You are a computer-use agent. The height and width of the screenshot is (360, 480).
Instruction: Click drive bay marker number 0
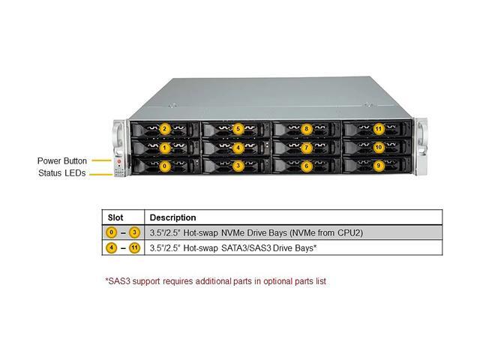pyautogui.click(x=165, y=165)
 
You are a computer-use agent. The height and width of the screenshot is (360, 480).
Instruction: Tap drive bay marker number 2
pyautogui.click(x=165, y=129)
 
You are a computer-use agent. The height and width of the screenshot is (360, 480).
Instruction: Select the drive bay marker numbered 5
pyautogui.click(x=238, y=129)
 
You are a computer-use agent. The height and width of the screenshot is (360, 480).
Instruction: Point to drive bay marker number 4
pyautogui.click(x=238, y=148)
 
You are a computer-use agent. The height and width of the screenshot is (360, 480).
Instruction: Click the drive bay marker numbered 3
pyautogui.click(x=238, y=165)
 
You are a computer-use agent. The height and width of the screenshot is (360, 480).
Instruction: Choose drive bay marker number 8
pyautogui.click(x=307, y=129)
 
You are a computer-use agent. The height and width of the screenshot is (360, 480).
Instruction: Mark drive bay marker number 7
pyautogui.click(x=307, y=148)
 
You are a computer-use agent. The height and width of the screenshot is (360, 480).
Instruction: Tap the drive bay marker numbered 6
pyautogui.click(x=307, y=165)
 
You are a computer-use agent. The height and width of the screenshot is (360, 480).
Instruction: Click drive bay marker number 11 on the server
pyautogui.click(x=378, y=129)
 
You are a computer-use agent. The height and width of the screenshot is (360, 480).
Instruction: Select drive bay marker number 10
pyautogui.click(x=378, y=148)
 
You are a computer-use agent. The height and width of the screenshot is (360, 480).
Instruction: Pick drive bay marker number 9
pyautogui.click(x=378, y=165)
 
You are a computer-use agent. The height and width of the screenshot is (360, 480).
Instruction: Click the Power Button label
pyautogui.click(x=62, y=160)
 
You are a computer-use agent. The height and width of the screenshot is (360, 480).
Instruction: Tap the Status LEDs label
pyautogui.click(x=63, y=173)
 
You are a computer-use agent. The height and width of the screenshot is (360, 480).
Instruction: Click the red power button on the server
pyautogui.click(x=118, y=160)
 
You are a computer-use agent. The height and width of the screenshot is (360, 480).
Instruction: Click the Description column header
pyautogui.click(x=172, y=217)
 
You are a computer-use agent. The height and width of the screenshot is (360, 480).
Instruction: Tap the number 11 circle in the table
pyautogui.click(x=134, y=247)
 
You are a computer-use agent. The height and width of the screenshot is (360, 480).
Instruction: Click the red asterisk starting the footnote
pyautogui.click(x=106, y=280)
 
